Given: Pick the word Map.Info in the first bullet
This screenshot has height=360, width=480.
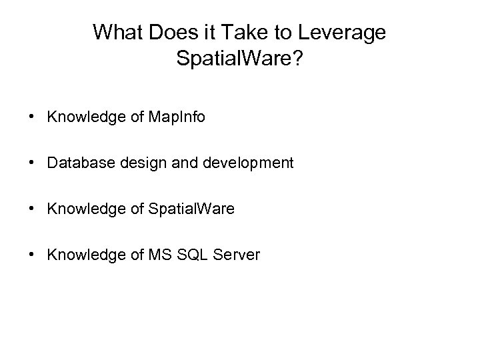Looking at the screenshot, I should (x=161, y=117).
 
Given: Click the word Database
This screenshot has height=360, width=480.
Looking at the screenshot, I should (x=78, y=163).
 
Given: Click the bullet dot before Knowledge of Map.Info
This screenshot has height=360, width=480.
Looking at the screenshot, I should (x=32, y=118).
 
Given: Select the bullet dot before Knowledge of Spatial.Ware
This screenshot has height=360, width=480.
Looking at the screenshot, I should (x=32, y=209).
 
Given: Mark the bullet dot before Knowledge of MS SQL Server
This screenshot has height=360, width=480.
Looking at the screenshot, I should (x=32, y=255).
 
